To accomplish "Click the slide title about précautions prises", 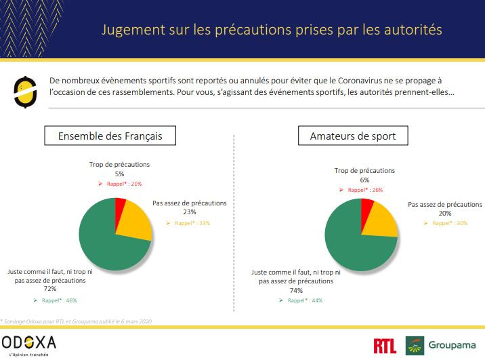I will pos(272,30).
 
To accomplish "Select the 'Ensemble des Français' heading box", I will pos(110,136).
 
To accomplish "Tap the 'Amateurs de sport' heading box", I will pos(357,136).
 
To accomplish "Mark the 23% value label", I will pos(189,212).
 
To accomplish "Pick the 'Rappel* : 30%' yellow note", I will pos(446,223).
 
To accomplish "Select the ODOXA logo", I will pos(28,343).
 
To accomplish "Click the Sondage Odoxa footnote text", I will pos(77,320).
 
